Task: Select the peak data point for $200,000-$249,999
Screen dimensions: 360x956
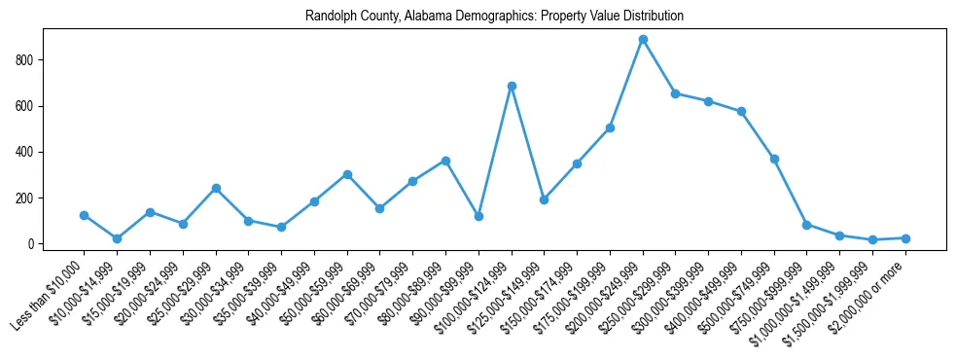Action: [x=643, y=40]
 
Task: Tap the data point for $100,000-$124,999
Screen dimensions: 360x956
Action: [x=512, y=86]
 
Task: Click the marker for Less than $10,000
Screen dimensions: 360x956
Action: [x=85, y=215]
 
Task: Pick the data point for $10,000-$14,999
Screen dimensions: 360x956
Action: [x=117, y=238]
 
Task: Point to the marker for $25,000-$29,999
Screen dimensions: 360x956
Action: [x=216, y=188]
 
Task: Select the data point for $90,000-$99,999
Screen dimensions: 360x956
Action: [x=478, y=216]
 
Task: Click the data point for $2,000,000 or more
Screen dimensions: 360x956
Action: [x=905, y=238]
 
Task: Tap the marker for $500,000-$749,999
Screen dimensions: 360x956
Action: [x=774, y=159]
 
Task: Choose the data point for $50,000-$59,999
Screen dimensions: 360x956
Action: [x=347, y=174]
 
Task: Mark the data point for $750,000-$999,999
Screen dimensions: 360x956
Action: [x=807, y=225]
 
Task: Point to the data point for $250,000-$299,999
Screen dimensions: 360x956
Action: [x=676, y=93]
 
